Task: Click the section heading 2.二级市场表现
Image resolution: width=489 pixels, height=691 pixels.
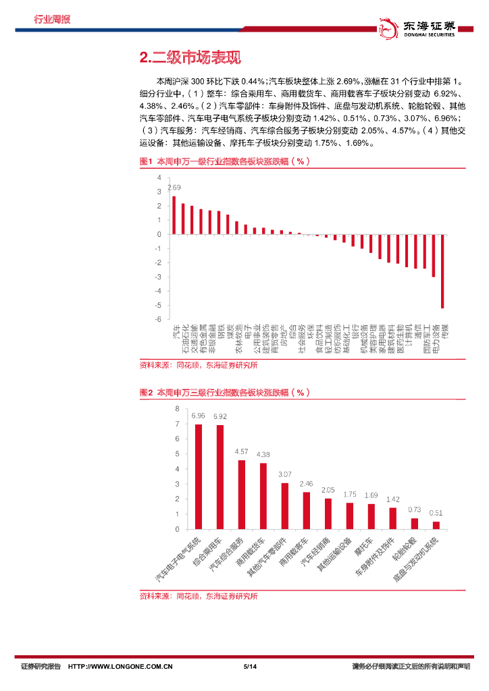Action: pyautogui.click(x=189, y=58)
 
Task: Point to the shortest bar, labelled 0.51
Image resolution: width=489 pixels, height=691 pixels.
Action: pyautogui.click(x=436, y=525)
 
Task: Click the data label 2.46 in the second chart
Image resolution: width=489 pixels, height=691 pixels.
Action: pyautogui.click(x=306, y=484)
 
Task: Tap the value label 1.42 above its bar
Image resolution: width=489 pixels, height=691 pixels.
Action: pyautogui.click(x=392, y=499)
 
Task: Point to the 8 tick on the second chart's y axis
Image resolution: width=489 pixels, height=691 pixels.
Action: pyautogui.click(x=177, y=409)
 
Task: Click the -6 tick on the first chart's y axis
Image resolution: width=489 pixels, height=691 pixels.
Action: pyautogui.click(x=159, y=320)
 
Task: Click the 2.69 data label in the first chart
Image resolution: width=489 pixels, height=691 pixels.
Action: pyautogui.click(x=174, y=188)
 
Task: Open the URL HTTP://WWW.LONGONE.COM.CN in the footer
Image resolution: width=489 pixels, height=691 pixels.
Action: pyautogui.click(x=121, y=667)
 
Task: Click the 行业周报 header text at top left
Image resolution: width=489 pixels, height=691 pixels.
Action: pyautogui.click(x=53, y=19)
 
